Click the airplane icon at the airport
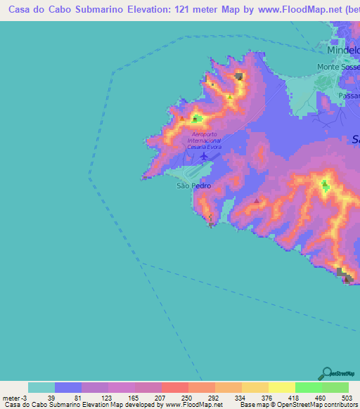coord(204,156)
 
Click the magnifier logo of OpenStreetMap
coord(326,373)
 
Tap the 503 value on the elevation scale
coord(349,397)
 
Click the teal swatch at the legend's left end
coord(41,387)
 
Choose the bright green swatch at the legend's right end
coord(335,387)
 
